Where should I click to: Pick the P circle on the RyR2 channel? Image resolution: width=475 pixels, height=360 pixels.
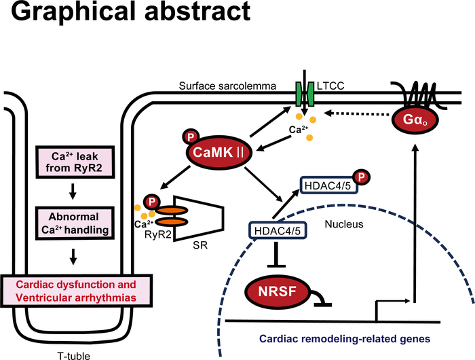[x=153, y=201]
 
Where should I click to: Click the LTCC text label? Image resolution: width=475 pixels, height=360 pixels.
[x=330, y=87]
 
